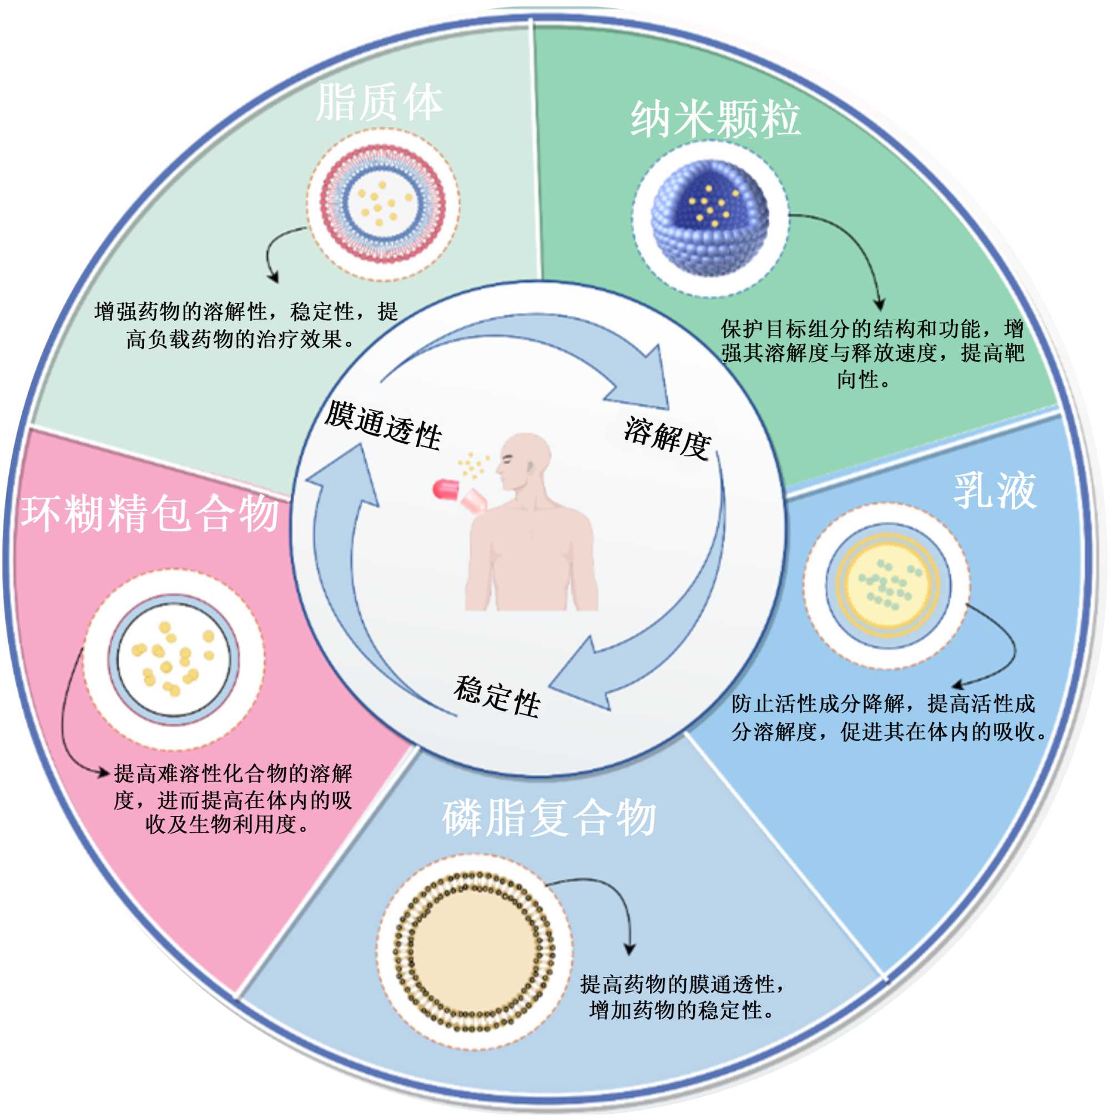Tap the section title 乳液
[993, 490]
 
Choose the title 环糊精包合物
[150, 513]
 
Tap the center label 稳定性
[497, 695]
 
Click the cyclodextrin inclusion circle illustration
[173, 659]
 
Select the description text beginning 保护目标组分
[872, 353]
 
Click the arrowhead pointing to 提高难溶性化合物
[104, 773]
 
